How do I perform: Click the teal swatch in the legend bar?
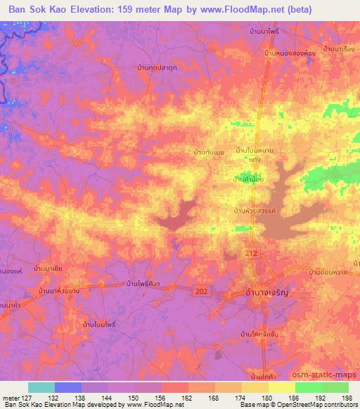click(41, 387)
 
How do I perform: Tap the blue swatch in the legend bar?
click(68, 387)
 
